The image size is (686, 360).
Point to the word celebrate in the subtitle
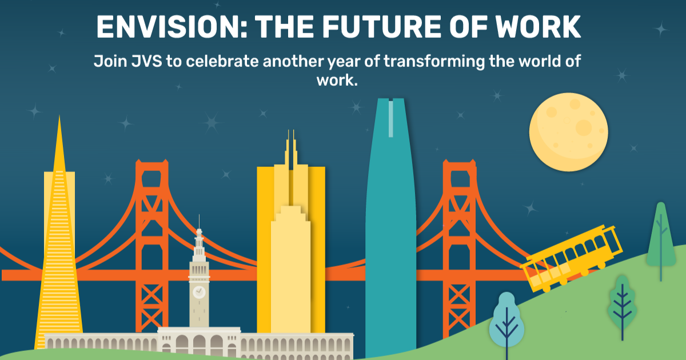tap(220, 62)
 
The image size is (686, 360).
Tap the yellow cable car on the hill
tap(572, 257)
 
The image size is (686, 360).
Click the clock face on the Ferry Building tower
tap(199, 291)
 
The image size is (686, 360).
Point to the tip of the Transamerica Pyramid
tap(59, 120)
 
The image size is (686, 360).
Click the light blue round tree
tap(506, 323)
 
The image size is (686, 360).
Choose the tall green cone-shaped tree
tap(661, 234)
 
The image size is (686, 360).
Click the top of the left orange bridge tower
tap(151, 166)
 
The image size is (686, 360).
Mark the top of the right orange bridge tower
tap(459, 166)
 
